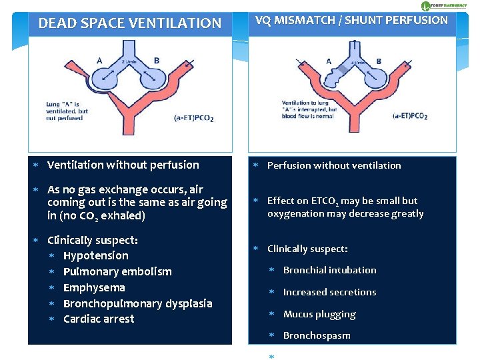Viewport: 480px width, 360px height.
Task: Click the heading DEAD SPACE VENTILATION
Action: coord(130,23)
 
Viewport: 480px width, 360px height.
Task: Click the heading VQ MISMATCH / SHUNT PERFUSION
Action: coord(351,20)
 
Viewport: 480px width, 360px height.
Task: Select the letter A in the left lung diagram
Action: coord(99,61)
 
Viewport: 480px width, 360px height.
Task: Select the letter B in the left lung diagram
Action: coord(157,61)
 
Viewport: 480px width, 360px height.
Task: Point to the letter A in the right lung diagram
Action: coord(329,61)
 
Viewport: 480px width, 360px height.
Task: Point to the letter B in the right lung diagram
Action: coord(379,61)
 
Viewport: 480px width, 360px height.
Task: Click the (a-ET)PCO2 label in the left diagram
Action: coord(194,117)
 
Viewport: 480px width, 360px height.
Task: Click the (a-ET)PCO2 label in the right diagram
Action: coord(410,116)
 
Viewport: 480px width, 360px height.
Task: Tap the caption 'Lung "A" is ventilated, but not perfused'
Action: coord(67,111)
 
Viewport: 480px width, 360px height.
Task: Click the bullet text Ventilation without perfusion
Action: coord(123,165)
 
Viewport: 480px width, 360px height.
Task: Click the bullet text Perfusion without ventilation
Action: coord(334,165)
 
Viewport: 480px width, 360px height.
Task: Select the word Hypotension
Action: coord(95,255)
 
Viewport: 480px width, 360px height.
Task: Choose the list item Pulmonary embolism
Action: coord(117,271)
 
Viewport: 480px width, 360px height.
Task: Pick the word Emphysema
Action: coord(94,287)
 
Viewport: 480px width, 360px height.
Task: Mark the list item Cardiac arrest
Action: coord(99,319)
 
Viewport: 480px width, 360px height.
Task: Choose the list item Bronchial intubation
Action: coord(329,270)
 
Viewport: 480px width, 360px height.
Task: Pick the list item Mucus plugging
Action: coord(319,314)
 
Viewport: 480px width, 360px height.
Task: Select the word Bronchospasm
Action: coord(317,335)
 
